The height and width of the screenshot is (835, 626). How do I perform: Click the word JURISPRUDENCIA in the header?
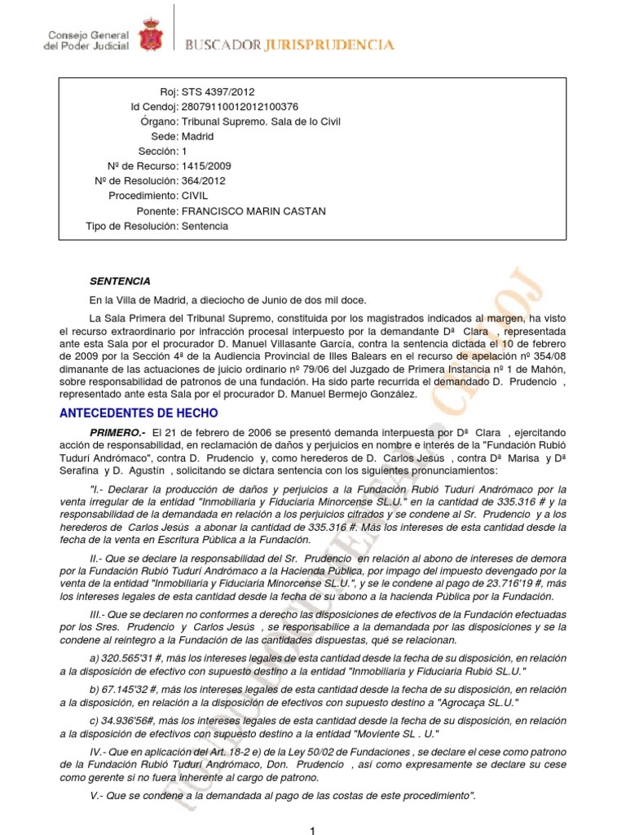point(329,46)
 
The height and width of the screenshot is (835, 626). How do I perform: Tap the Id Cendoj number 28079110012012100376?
point(240,107)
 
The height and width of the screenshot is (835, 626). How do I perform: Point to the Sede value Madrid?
point(197,137)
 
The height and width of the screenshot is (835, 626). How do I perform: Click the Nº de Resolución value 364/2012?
point(204,181)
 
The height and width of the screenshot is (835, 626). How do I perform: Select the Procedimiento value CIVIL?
point(195,197)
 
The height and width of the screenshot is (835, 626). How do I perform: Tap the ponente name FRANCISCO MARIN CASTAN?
point(253,211)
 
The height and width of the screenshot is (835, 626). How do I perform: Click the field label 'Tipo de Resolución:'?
point(131,226)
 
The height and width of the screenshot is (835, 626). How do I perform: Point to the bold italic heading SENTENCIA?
point(120,281)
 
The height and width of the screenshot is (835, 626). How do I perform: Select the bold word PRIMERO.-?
point(117,431)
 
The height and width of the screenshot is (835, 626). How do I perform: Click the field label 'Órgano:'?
point(159,121)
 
